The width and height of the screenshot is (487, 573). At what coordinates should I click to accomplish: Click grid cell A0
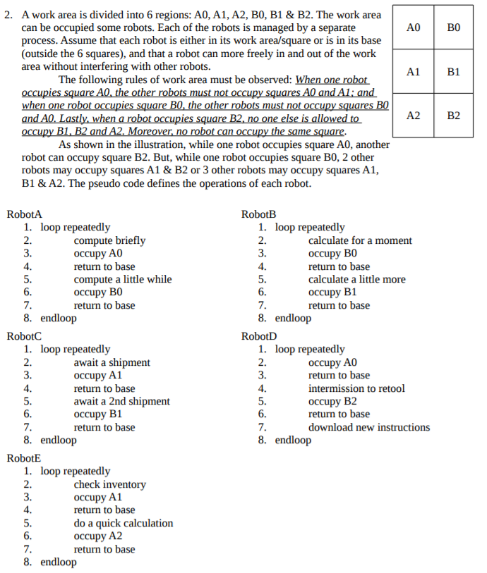(x=414, y=27)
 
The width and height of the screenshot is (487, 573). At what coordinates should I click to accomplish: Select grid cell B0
(x=454, y=27)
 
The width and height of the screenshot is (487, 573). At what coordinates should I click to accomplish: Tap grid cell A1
(x=414, y=72)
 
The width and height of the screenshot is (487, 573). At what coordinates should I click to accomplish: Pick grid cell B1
(x=454, y=72)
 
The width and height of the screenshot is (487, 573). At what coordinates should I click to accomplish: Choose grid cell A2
(x=414, y=116)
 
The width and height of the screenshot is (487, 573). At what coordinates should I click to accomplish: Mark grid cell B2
(x=454, y=116)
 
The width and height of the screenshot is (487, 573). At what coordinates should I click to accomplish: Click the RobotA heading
(x=24, y=214)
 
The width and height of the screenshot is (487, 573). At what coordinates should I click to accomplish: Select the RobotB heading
(x=258, y=214)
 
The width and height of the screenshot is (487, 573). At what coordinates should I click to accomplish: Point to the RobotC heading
(x=24, y=336)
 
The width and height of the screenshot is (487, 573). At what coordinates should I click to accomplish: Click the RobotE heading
(x=24, y=458)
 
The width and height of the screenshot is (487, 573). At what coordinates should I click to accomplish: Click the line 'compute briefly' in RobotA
(x=109, y=240)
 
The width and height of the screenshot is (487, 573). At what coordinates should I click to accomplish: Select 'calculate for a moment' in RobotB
(x=360, y=240)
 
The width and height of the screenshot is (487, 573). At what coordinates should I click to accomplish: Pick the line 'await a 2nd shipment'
(x=121, y=401)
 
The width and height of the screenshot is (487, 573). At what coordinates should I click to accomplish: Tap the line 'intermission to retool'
(x=356, y=388)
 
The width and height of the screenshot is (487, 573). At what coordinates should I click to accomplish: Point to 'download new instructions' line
(x=368, y=427)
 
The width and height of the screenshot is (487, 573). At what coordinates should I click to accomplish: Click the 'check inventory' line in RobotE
(x=109, y=484)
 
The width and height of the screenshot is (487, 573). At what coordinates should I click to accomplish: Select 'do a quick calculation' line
(x=123, y=523)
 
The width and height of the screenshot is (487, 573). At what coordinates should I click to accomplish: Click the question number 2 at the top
(x=8, y=15)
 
